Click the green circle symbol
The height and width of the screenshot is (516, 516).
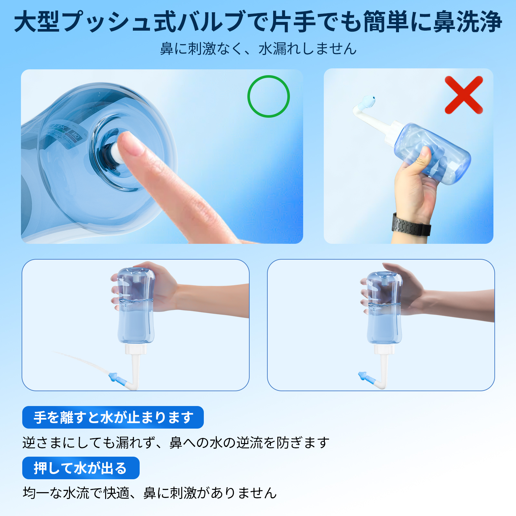point(268,96)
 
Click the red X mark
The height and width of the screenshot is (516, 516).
point(464,95)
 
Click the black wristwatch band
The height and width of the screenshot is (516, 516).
point(411,225)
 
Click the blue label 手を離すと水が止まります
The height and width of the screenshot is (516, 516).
point(113,417)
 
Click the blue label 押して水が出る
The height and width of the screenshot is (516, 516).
point(81,468)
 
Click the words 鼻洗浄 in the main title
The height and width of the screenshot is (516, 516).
point(468,22)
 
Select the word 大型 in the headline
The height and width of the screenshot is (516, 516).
point(37,22)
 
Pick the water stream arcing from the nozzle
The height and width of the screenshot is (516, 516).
point(81,360)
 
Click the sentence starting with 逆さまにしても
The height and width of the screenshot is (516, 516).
point(176,442)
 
